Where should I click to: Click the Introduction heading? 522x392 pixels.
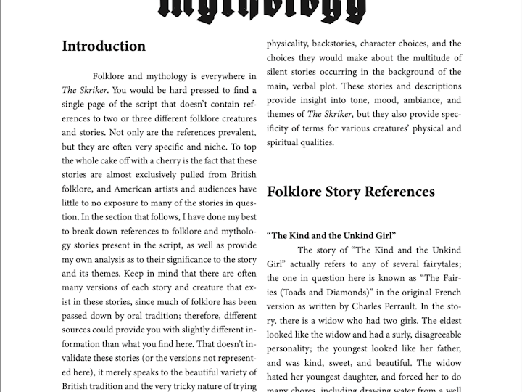[104, 46]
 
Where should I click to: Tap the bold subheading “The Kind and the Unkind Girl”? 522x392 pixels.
[331, 236]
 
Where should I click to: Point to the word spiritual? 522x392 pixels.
[287, 142]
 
